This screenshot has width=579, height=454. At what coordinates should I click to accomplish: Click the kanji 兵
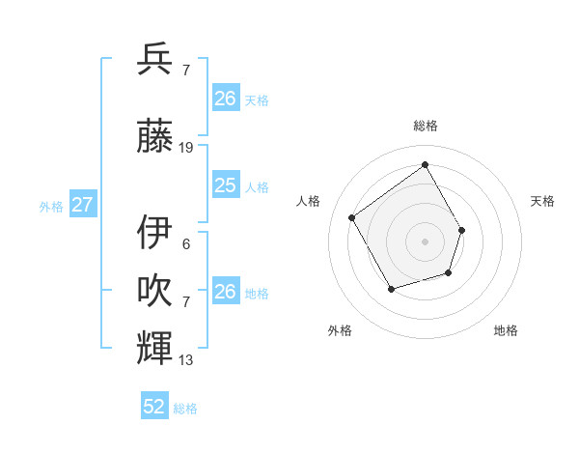click(x=155, y=60)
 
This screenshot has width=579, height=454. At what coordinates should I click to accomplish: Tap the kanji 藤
click(x=155, y=136)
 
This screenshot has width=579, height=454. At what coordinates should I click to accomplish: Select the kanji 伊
click(x=155, y=233)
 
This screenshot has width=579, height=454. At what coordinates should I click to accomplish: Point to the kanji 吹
click(x=155, y=291)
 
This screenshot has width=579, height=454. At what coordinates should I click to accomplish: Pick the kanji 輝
click(x=155, y=347)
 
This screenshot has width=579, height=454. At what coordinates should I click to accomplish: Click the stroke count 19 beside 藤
click(x=186, y=148)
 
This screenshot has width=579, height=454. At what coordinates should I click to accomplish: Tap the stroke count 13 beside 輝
click(x=186, y=360)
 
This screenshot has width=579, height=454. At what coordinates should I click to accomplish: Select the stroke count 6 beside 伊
click(x=186, y=244)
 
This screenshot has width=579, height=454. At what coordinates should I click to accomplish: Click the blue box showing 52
click(x=154, y=407)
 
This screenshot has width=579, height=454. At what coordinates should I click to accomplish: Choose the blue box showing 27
click(x=83, y=205)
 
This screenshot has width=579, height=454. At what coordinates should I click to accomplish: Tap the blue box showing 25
click(x=225, y=185)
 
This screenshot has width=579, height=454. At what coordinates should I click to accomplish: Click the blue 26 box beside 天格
click(x=225, y=99)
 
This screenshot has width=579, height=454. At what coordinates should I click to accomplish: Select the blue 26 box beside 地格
click(x=225, y=292)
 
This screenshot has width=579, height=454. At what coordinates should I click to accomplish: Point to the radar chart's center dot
click(x=425, y=241)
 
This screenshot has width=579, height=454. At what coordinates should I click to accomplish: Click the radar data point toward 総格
click(x=425, y=164)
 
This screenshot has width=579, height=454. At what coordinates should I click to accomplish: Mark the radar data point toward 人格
click(x=352, y=217)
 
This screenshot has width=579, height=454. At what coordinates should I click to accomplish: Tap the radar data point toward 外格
click(x=391, y=289)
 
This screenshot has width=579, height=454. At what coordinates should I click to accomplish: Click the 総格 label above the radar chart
click(x=426, y=126)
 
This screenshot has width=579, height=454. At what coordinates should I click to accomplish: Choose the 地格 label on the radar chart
click(x=506, y=330)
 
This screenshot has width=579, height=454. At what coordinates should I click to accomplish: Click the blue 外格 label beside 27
click(x=50, y=206)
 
